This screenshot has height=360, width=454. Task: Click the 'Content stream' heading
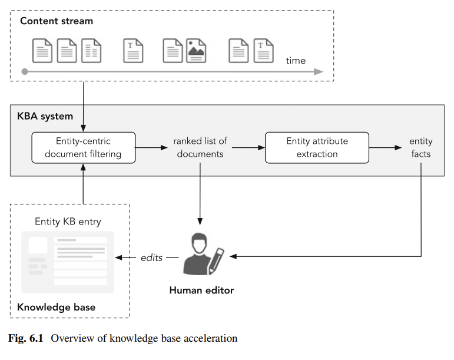tap(57, 21)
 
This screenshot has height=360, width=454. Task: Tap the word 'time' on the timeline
tap(296, 60)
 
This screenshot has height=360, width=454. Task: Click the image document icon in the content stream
tap(196, 50)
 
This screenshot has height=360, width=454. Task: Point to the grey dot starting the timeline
tap(24, 72)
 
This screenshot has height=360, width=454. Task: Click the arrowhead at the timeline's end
tap(319, 72)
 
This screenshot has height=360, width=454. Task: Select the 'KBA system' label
tap(45, 116)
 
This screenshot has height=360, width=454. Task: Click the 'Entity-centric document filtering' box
tap(83, 148)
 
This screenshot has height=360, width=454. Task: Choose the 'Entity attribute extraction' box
tap(317, 148)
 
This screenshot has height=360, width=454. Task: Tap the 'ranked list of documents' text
tap(200, 148)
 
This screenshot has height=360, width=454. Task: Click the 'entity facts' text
tap(420, 148)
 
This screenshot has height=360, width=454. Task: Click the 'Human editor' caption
tap(201, 290)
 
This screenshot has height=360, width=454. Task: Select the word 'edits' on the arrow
tap(151, 257)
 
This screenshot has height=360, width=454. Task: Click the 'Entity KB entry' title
tap(68, 222)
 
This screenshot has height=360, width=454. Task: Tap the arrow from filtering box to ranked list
tap(151, 148)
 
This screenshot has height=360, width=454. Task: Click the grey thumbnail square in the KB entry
tap(38, 245)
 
